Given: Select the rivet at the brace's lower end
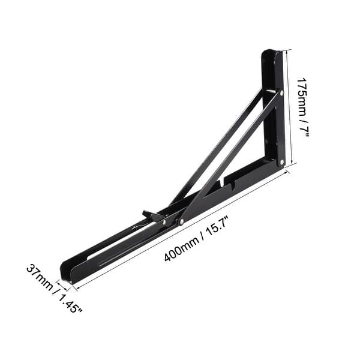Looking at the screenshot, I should [x=181, y=223].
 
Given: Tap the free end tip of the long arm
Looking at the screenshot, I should [x=66, y=274].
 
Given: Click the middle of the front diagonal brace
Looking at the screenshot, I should [x=231, y=157].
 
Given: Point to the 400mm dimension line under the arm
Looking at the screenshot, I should [x=180, y=230].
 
